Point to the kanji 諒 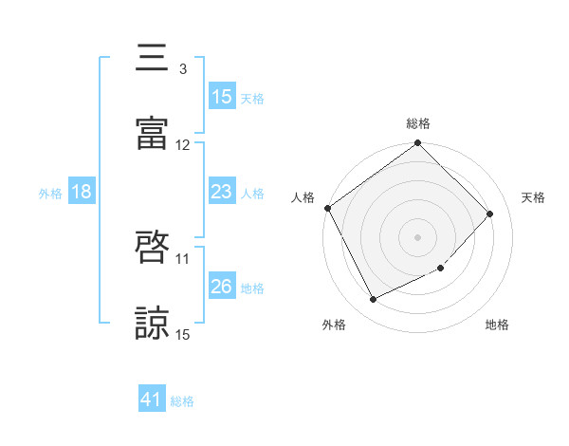point(153,322)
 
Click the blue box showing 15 point(221,96)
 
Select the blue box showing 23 point(221,192)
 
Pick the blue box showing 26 point(221,287)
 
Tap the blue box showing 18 point(82,192)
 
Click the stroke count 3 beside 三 point(182,69)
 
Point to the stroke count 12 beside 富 point(183,145)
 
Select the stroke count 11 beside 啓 point(183,258)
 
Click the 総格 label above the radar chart point(418,123)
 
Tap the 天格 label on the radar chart point(533,197)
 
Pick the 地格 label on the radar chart point(497,325)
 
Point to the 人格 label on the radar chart point(303,197)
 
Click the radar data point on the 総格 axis point(418,144)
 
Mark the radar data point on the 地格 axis point(440,269)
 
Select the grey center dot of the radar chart point(418,236)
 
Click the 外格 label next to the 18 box point(50,193)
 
